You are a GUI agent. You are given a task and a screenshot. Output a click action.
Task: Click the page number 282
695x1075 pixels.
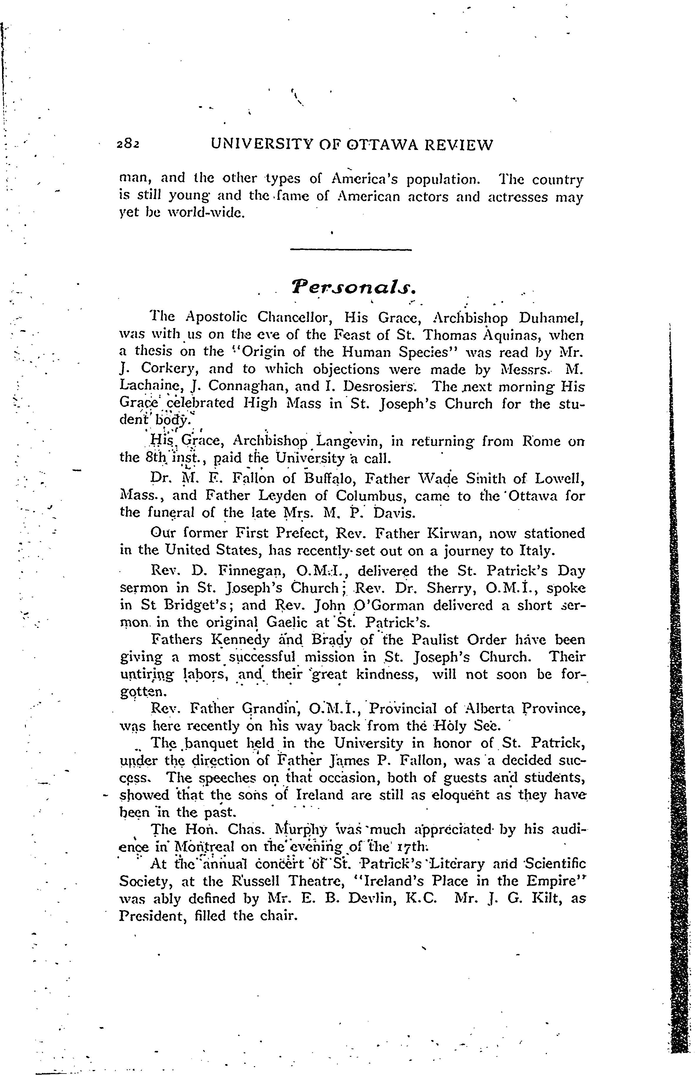pos(129,144)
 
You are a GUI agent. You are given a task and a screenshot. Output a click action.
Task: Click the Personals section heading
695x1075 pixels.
pos(351,287)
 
